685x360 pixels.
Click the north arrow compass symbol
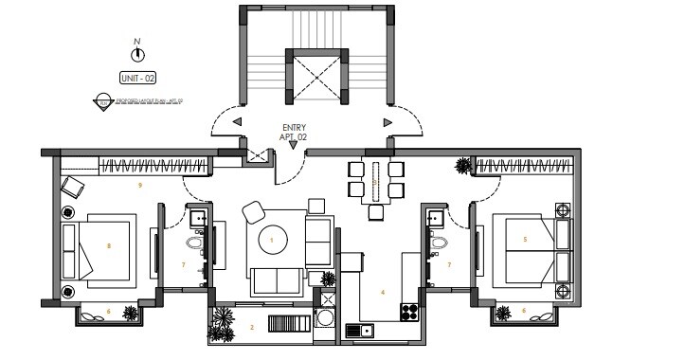pos(137,54)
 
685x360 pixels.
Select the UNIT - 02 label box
pos(137,78)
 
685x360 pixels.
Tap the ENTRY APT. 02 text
pos(295,132)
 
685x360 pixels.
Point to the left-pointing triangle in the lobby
pos(237,122)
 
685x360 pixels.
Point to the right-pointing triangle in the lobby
pos(387,122)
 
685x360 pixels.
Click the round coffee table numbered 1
pos(272,241)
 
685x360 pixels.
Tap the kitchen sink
pos(360,330)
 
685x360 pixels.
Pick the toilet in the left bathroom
pos(196,244)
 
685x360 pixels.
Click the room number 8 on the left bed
pos(109,245)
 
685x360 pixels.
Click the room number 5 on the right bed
pos(525,239)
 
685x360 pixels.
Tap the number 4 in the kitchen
pos(382,293)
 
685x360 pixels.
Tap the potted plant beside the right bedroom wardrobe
pos(462,166)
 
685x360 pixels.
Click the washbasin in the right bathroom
pos(435,219)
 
